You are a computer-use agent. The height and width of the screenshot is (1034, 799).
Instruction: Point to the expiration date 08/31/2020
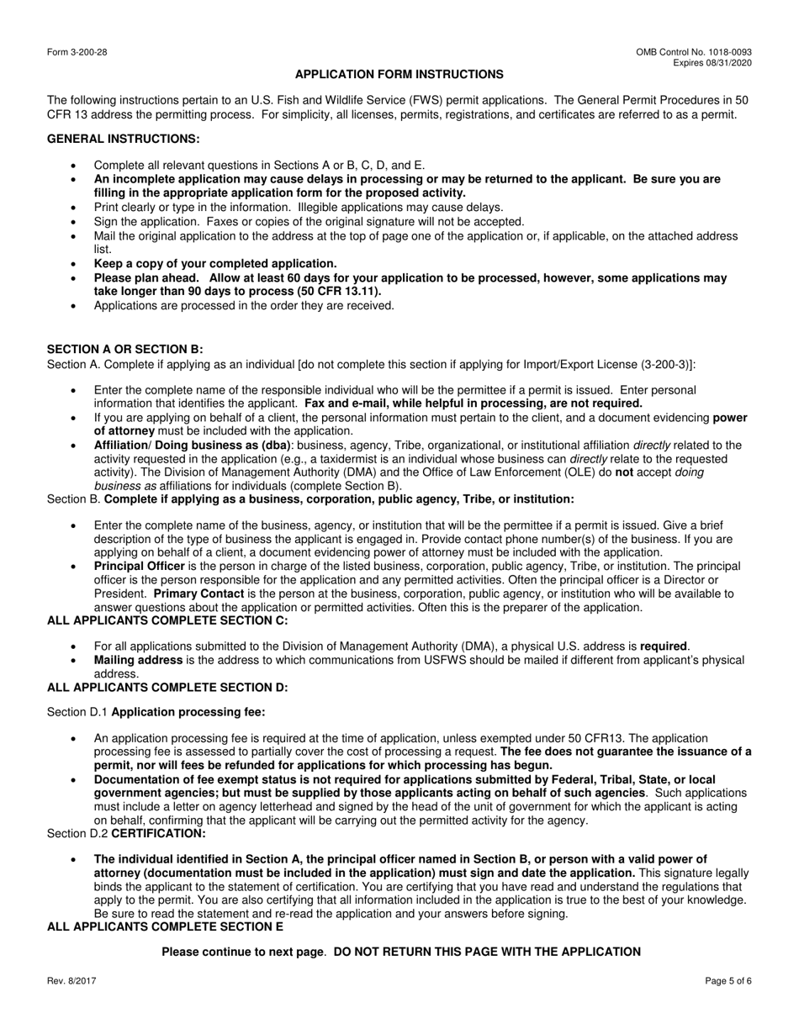(730, 63)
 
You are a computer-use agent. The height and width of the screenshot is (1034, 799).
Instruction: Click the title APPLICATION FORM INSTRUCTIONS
(399, 75)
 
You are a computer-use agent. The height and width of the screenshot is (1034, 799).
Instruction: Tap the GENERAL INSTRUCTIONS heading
(124, 139)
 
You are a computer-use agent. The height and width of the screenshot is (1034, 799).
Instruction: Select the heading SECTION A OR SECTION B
(124, 349)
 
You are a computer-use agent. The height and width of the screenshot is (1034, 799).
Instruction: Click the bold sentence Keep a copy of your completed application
(215, 263)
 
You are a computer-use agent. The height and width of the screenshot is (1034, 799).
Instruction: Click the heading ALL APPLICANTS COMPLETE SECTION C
(167, 620)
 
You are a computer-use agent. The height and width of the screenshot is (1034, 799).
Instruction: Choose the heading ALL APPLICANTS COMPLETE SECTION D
(167, 687)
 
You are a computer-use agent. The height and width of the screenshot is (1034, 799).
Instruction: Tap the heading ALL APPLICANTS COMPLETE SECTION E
(166, 926)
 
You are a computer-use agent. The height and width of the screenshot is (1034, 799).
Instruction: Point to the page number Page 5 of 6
(728, 981)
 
